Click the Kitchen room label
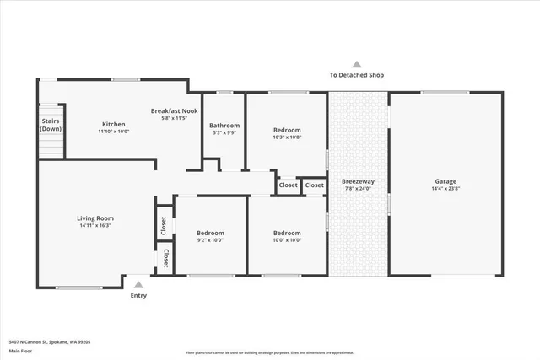114,124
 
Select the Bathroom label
224,126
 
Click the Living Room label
95,218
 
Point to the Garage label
445,181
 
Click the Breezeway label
358,181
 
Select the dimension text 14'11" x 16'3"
95,226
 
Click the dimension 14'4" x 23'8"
445,189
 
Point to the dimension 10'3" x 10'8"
287,137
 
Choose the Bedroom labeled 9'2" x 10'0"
210,233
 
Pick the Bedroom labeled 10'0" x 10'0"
287,233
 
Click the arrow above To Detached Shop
357,64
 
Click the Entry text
138,296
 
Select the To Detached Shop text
357,75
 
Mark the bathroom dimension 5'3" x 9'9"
224,133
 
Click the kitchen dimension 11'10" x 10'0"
114,132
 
